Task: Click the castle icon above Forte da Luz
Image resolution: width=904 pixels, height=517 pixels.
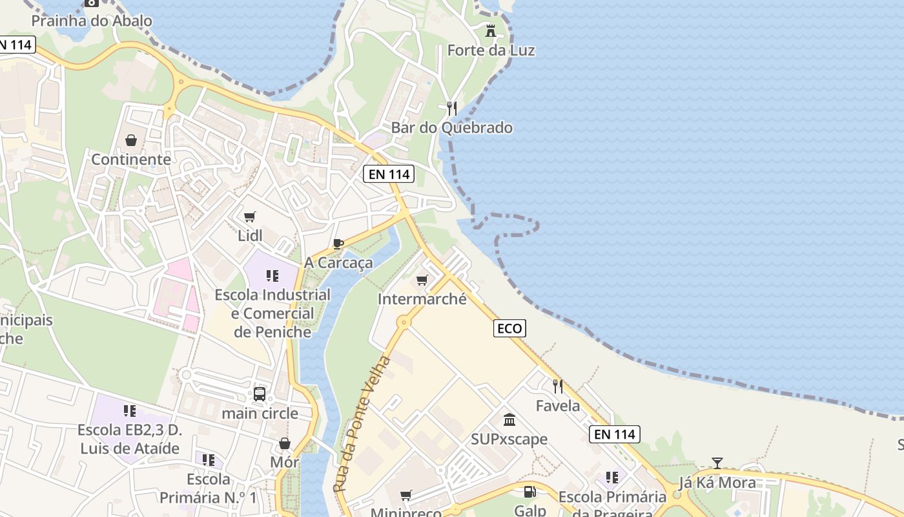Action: (491, 30)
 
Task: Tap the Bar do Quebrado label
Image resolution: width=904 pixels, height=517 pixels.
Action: (451, 127)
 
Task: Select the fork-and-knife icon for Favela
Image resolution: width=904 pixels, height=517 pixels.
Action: (558, 386)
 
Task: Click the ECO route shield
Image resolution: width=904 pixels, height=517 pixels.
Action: (509, 328)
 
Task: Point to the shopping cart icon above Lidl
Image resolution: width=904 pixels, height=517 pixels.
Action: (250, 216)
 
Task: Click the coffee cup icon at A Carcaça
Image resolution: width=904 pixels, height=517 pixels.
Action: (338, 244)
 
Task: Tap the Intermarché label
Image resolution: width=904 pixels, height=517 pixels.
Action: (422, 299)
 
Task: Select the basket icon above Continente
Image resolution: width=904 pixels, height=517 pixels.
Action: (131, 140)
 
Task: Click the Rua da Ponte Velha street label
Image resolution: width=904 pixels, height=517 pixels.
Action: (362, 424)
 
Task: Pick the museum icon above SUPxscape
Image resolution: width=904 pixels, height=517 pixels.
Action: (509, 420)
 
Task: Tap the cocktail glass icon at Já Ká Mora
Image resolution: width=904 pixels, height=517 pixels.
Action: (717, 463)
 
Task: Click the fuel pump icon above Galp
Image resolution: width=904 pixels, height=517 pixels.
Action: (529, 492)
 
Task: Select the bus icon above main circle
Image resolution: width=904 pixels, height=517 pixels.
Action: (260, 394)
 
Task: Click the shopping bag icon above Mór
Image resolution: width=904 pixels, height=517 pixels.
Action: (284, 443)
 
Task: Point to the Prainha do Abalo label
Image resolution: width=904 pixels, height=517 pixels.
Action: (92, 21)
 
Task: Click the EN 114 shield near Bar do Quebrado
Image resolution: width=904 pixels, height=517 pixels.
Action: (388, 174)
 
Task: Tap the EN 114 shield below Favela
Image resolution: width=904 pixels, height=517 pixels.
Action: (614, 434)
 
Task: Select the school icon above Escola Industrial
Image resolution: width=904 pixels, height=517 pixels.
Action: (272, 276)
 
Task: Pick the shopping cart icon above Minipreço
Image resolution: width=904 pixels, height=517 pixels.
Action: (406, 496)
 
